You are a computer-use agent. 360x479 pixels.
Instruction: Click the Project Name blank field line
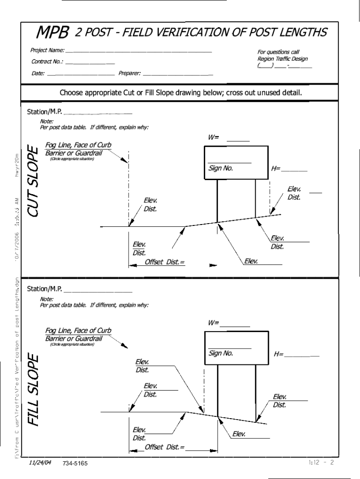pyautogui.click(x=138, y=51)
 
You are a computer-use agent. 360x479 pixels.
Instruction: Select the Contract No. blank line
pyautogui.click(x=90, y=63)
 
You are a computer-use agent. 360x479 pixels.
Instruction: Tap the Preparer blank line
pyautogui.click(x=178, y=74)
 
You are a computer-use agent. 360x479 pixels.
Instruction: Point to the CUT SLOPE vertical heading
pyautogui.click(x=32, y=181)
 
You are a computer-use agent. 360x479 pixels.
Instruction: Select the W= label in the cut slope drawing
pyautogui.click(x=214, y=138)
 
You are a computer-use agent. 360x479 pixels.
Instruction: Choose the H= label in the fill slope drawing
pyautogui.click(x=279, y=354)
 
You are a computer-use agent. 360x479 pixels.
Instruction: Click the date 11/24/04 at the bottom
pyautogui.click(x=40, y=462)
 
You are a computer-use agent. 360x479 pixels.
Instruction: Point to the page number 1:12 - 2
pyautogui.click(x=321, y=462)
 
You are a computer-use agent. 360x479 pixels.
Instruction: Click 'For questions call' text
pyautogui.click(x=278, y=52)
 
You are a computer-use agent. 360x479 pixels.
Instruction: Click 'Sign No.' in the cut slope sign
pyautogui.click(x=221, y=168)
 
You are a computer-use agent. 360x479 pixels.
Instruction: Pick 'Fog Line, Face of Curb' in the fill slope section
pyautogui.click(x=78, y=331)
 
